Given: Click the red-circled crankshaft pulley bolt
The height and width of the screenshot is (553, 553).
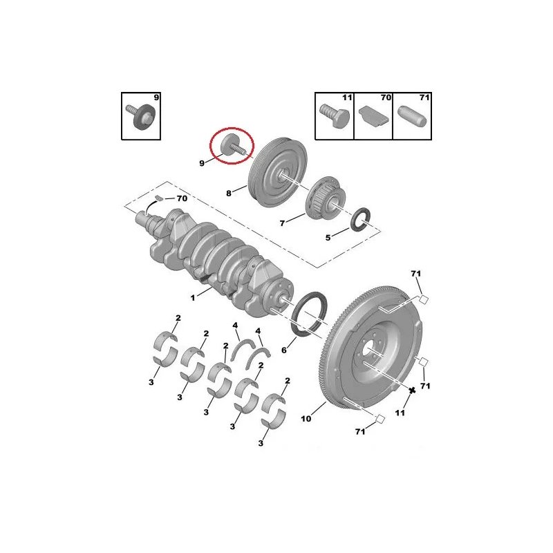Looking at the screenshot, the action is tap(232, 146).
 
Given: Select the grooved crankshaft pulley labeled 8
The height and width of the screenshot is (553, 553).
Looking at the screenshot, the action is tap(278, 172).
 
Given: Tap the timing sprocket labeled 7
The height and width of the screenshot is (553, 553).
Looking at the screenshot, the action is tap(324, 198).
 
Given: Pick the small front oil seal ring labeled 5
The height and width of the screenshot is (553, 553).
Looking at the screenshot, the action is tap(360, 220).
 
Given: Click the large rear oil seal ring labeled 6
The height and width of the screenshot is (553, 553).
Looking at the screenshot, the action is tap(309, 314).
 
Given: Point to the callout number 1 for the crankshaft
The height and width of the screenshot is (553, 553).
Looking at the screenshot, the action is tap(193, 298).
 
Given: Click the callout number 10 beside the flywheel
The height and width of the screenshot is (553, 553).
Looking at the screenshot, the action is tap(306, 419).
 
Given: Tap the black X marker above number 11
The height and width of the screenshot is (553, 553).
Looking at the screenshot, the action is tap(412, 390).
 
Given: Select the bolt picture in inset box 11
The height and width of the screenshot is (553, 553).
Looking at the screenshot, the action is tap(335, 115).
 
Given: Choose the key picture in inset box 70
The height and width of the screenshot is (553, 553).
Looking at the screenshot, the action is tap(374, 116).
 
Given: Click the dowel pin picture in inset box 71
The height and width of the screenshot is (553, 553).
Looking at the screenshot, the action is tap(412, 115).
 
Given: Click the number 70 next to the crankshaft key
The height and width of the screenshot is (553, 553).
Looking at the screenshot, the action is tap(182, 198).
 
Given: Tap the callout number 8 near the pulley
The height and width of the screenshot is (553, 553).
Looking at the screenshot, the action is tap(229, 194).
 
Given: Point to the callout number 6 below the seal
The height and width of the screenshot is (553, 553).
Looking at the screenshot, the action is tap(284, 350).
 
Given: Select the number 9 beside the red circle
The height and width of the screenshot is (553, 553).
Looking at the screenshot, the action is tap(202, 163).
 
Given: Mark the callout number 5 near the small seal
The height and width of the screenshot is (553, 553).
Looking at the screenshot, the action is tap(328, 238).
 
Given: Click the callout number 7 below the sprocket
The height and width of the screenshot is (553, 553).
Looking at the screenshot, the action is tap(282, 223).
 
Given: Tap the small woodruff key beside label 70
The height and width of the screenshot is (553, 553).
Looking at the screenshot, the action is tap(159, 198).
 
